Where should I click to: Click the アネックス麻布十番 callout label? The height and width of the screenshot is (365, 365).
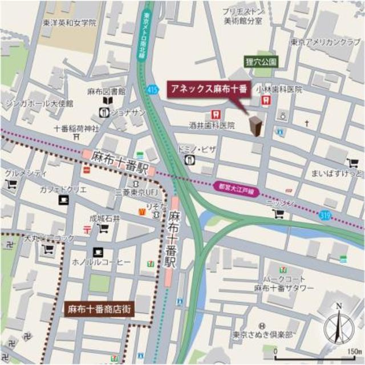tap(208, 88)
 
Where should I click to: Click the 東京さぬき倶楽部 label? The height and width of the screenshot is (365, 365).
tap(266, 334)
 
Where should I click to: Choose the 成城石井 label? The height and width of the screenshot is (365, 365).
tap(104, 217)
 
